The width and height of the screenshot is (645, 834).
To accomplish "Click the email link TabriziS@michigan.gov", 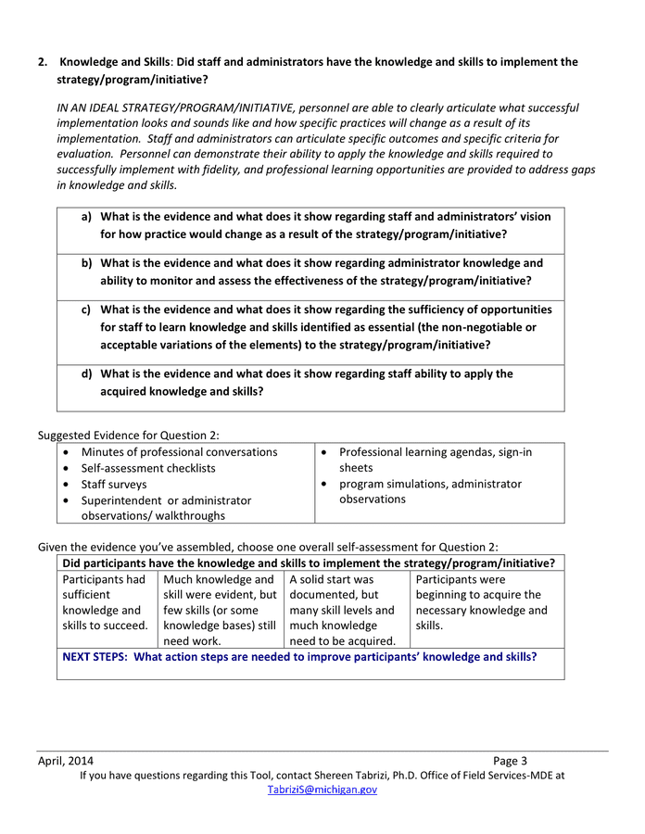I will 322,790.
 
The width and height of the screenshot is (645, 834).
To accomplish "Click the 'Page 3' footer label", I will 510,761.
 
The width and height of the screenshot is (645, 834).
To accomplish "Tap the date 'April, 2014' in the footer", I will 65,761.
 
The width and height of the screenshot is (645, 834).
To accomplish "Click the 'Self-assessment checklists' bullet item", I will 148,468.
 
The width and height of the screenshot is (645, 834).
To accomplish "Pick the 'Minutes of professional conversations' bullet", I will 179,452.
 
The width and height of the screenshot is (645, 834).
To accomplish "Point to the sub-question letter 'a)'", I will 86,217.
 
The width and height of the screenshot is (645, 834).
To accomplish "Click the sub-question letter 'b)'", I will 86,263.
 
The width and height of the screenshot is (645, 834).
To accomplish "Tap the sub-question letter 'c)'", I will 86,310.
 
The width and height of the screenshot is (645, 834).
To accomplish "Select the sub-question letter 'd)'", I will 86,374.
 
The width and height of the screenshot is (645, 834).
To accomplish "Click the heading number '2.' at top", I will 43,62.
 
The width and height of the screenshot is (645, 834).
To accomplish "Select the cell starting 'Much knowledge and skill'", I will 221,610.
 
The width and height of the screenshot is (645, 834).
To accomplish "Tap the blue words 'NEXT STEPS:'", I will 96,657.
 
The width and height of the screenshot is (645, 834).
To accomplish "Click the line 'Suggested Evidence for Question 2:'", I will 128,436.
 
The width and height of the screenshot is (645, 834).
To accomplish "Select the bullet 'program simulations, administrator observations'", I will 430,491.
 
